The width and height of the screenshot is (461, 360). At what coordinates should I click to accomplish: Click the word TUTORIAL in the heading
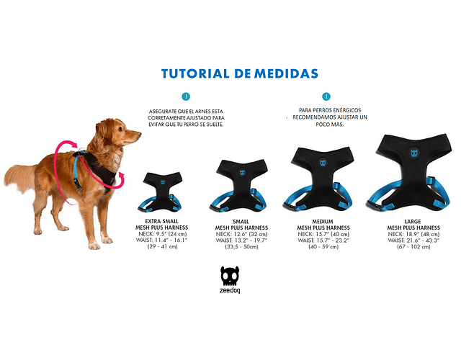[x=195, y=73]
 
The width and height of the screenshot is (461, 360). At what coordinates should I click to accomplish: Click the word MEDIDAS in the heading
[x=286, y=73]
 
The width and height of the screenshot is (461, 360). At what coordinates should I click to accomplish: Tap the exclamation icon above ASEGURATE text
[x=186, y=96]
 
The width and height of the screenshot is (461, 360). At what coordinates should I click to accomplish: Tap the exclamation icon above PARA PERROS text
[x=326, y=96]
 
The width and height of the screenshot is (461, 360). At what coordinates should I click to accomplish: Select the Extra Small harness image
[x=161, y=192]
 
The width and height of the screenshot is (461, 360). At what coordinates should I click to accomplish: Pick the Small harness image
[x=240, y=185]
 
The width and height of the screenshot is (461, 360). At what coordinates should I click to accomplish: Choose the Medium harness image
[x=319, y=179]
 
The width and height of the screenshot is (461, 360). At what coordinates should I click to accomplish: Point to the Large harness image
[x=410, y=173]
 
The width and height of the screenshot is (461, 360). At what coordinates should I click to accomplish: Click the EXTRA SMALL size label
[x=161, y=221]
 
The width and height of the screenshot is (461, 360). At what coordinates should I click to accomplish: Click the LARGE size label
[x=413, y=221]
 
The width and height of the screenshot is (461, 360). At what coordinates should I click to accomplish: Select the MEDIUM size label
[x=323, y=221]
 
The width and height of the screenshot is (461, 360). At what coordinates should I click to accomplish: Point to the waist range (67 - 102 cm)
[x=413, y=246]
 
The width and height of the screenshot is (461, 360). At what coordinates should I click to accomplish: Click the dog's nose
[x=139, y=135]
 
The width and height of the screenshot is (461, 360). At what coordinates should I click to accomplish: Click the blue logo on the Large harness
[x=414, y=153]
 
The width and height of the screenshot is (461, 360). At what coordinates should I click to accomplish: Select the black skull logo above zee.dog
[x=230, y=276]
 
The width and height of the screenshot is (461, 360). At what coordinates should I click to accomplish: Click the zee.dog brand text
[x=230, y=290]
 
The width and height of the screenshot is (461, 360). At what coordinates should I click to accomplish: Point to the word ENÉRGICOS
[x=346, y=110]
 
